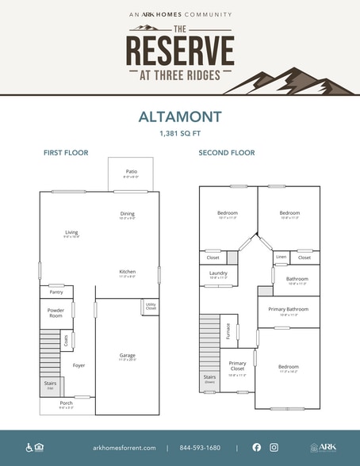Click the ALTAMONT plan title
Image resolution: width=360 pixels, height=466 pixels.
pos(179,116)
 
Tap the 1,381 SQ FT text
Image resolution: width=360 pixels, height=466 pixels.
pos(179,134)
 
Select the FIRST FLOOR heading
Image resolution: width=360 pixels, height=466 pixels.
pos(66,152)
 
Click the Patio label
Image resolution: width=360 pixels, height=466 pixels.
pos(131,172)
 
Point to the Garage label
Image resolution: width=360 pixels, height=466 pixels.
pos(128,355)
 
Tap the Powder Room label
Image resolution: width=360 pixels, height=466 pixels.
pos(56,312)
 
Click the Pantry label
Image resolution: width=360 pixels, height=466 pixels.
pos(56,292)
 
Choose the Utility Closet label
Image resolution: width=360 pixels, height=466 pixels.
pos(151,306)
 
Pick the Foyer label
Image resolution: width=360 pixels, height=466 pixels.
pos(79,365)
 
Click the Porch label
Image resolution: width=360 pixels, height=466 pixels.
pos(67,403)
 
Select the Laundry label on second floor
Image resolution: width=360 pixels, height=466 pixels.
pos(219,274)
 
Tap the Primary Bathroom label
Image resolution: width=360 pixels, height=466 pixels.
pos(289,310)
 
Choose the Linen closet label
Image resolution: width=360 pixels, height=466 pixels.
pos(281,258)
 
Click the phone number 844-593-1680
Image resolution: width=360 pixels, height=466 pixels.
pos(201,447)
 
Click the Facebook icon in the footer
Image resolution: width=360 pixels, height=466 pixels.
pos(256,447)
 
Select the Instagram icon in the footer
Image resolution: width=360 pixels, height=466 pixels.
pos(274,447)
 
